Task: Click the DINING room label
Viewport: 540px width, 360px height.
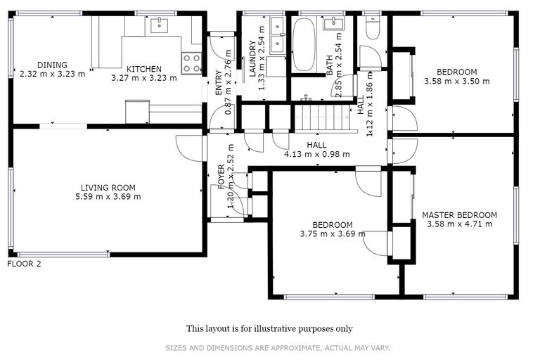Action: pyautogui.click(x=53, y=65)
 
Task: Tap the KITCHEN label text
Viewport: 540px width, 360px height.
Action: pyautogui.click(x=143, y=69)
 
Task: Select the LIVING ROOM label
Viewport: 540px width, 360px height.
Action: pyautogui.click(x=108, y=188)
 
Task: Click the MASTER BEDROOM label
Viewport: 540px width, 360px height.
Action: pyautogui.click(x=459, y=215)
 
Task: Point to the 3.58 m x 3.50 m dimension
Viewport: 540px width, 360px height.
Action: pyautogui.click(x=456, y=81)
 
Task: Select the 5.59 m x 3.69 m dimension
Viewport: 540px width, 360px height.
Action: pyautogui.click(x=108, y=197)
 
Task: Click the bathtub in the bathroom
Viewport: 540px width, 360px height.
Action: pyautogui.click(x=304, y=44)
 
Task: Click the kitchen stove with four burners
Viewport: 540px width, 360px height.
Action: pyautogui.click(x=191, y=63)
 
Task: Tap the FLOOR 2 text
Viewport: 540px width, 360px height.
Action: pyautogui.click(x=25, y=264)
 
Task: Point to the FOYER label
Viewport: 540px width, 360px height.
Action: pyautogui.click(x=221, y=175)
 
